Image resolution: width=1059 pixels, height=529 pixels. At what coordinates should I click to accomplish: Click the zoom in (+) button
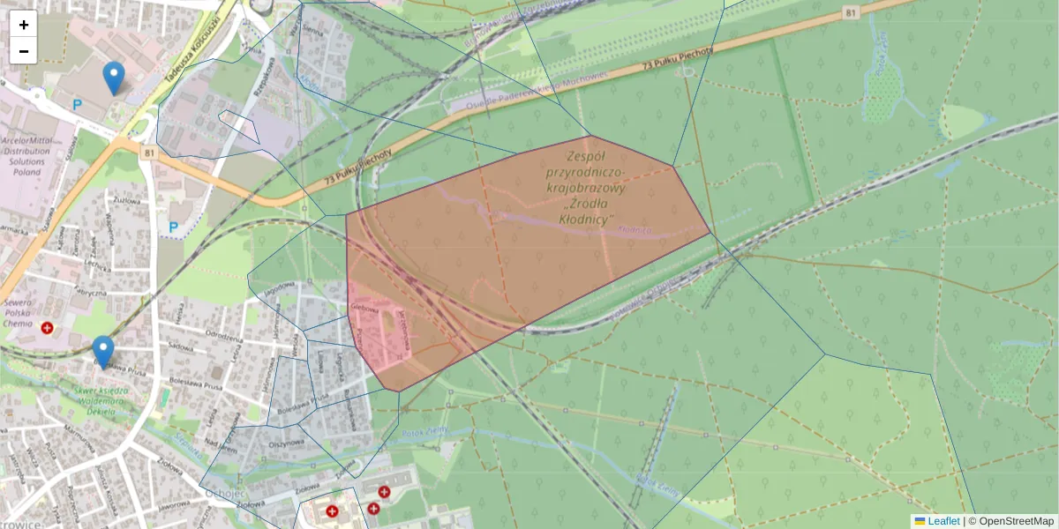pos(24,25)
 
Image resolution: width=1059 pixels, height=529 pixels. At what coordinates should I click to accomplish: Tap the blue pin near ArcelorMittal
pos(113,78)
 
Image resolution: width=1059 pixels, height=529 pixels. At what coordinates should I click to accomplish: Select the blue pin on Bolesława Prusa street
pos(103,352)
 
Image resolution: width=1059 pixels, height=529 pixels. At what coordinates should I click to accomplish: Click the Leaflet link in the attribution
pos(943,521)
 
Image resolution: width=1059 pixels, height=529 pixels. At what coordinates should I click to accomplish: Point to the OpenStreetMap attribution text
pos(1016,521)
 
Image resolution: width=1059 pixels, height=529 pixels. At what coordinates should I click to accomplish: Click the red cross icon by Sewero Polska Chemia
pos(47,327)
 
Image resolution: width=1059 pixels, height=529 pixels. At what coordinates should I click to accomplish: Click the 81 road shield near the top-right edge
pos(850,12)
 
